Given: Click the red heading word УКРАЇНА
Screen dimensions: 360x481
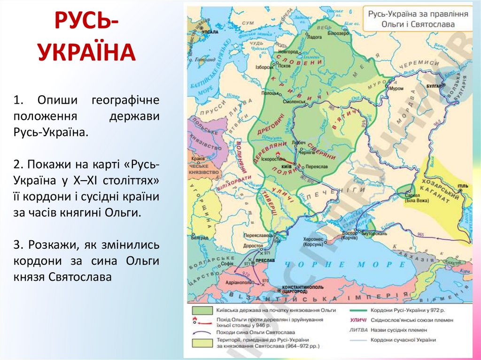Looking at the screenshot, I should [87, 52].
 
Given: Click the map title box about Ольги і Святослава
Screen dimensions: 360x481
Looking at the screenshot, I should [418, 19].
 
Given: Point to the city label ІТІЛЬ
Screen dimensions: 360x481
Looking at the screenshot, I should [463, 186].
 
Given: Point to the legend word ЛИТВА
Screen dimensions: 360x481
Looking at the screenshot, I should [358, 330].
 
